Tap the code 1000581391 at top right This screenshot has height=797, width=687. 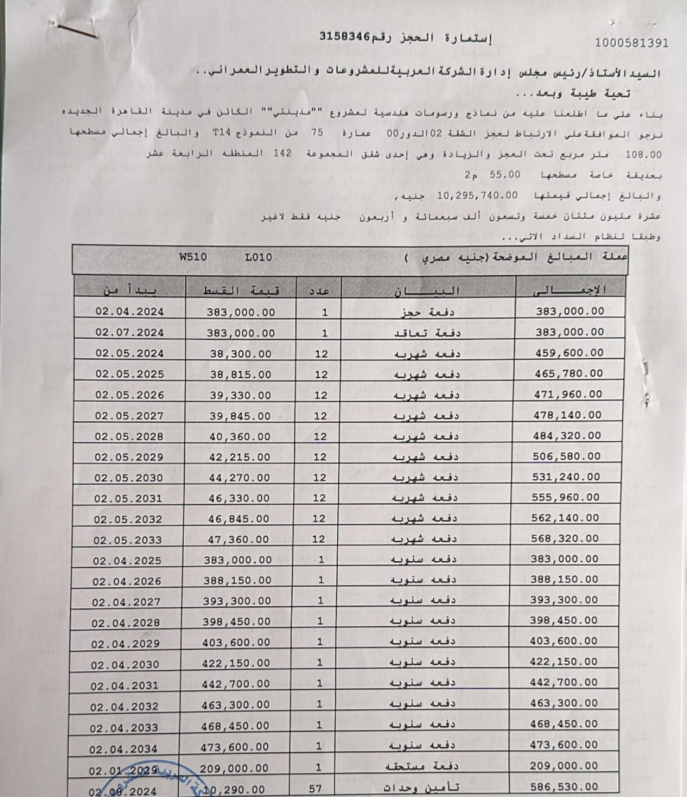coord(631,43)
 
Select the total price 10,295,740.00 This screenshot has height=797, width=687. coord(477,196)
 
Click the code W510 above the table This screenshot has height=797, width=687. coord(193,257)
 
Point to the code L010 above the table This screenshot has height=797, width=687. coord(258,257)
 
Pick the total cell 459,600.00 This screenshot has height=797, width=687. coord(569,353)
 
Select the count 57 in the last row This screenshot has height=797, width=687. coord(316,788)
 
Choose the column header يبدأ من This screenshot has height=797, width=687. coord(130,290)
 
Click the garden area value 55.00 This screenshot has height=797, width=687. coord(505,175)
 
